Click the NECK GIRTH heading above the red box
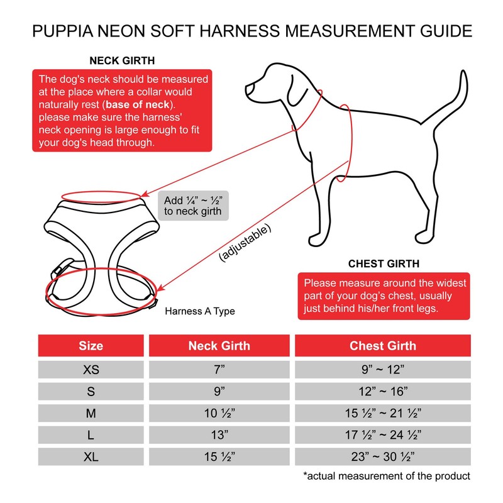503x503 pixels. coord(122,62)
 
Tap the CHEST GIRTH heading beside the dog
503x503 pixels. coord(384,263)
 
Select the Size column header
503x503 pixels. coord(91,346)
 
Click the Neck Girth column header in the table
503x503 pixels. coord(219,346)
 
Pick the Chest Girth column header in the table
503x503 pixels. coord(383,346)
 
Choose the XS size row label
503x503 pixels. coord(91,370)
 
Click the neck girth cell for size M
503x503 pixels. coord(219,413)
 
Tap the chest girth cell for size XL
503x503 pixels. coord(383,456)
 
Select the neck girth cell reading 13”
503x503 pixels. coord(219,434)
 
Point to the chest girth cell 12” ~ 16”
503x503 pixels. coord(383,391)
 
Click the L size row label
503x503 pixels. coord(91,434)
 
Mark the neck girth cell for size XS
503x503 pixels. coord(219,370)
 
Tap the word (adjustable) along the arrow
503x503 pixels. coord(246,243)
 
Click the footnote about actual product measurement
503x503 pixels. coord(386,476)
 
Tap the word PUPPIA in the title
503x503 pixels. coord(64,30)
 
